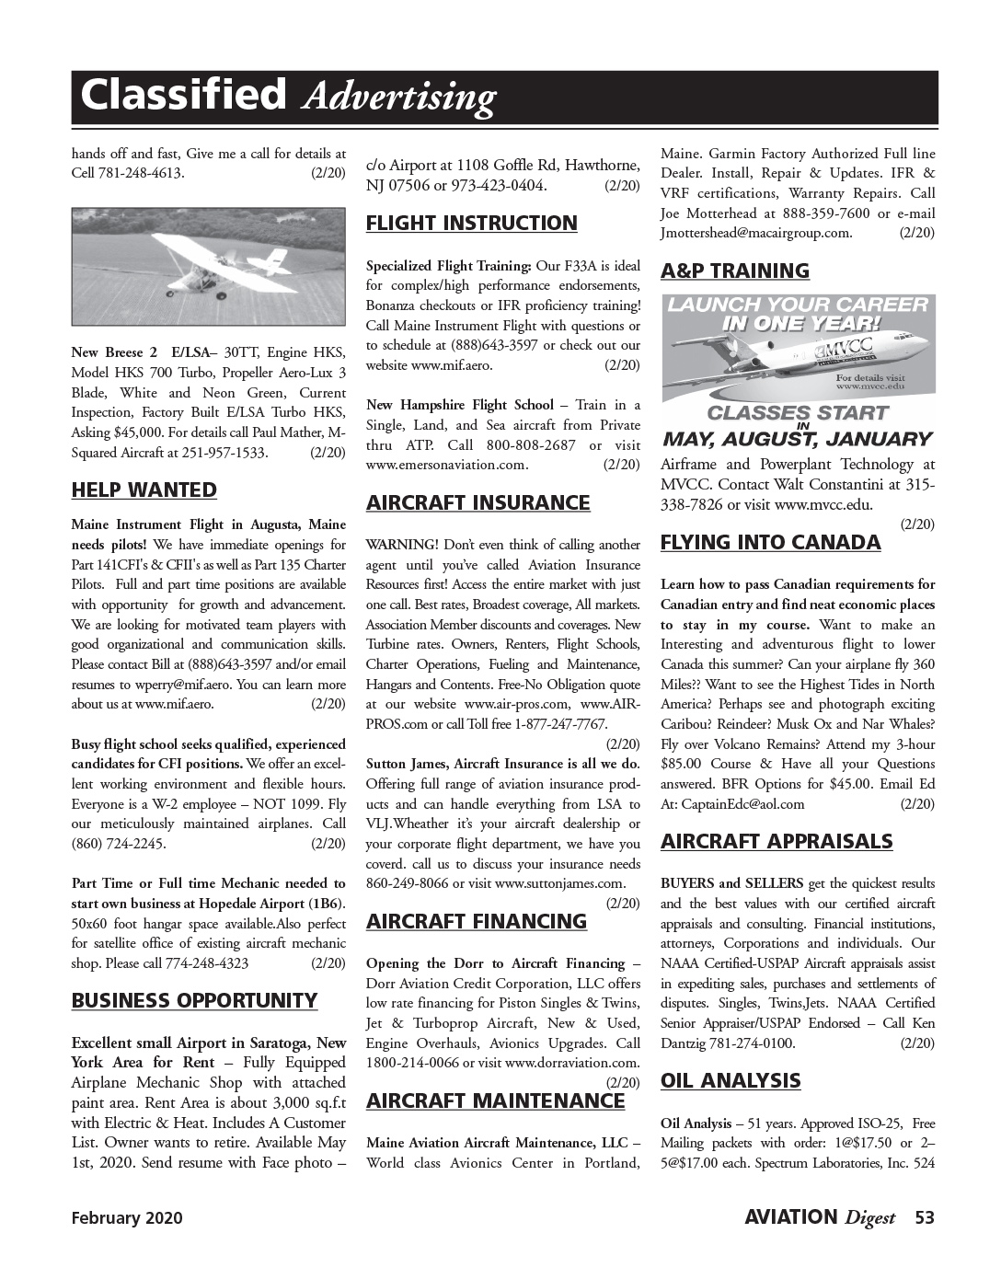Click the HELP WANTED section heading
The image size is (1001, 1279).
pyautogui.click(x=144, y=490)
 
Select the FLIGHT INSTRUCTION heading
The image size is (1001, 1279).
pyautogui.click(x=472, y=224)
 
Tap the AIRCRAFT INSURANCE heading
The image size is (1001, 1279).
pyautogui.click(x=478, y=503)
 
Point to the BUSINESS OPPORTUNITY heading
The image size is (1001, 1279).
pyautogui.click(x=194, y=1001)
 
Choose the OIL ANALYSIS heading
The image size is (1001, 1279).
pyautogui.click(x=731, y=1081)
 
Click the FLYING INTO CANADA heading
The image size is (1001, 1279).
pyautogui.click(x=771, y=543)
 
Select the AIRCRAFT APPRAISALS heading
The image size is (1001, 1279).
pyautogui.click(x=777, y=842)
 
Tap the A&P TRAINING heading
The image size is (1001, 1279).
pyautogui.click(x=735, y=271)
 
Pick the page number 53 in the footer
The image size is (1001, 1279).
pyautogui.click(x=924, y=1218)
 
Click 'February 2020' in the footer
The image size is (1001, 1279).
pyautogui.click(x=127, y=1218)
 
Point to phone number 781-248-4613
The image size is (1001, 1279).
pyautogui.click(x=141, y=173)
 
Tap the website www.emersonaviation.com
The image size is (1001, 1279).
pyautogui.click(x=447, y=465)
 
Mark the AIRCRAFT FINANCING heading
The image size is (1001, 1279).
pyautogui.click(x=477, y=922)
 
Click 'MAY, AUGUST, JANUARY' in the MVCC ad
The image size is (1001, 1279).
pyautogui.click(x=798, y=440)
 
